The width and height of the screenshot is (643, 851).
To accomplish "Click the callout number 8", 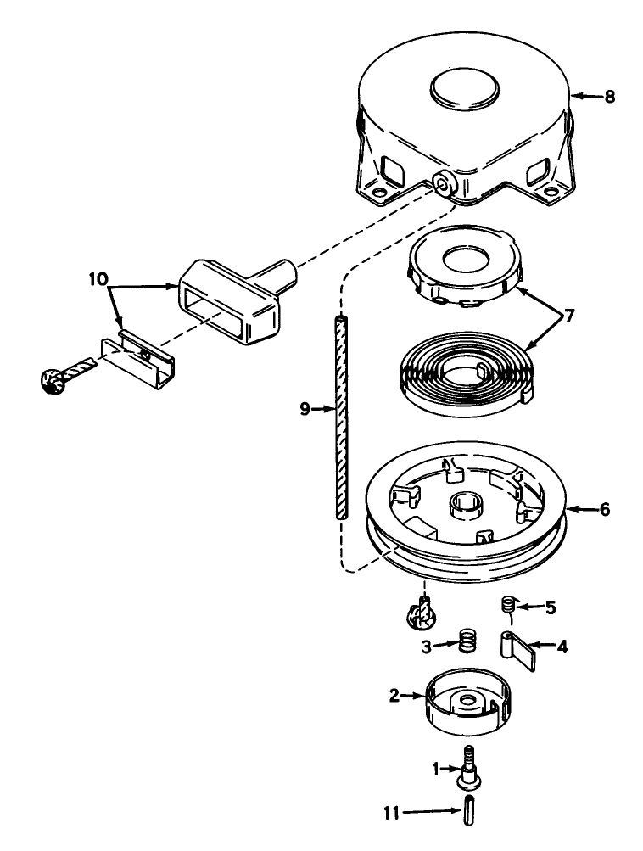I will coord(609,96).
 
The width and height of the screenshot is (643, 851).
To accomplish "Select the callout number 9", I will coord(308,409).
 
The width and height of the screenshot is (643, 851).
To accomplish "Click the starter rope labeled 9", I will coord(341,416).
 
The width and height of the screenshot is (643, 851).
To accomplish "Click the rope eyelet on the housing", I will coord(442,185).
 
